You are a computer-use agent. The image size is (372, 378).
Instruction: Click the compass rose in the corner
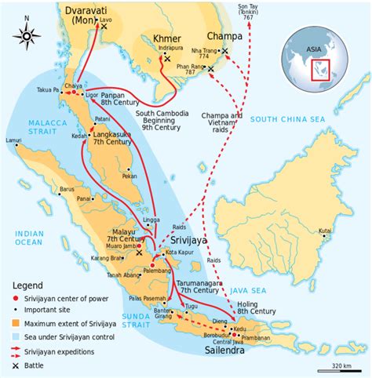pyautogui.click(x=28, y=35)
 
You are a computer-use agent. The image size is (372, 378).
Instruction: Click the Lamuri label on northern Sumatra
pyautogui.click(x=13, y=141)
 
